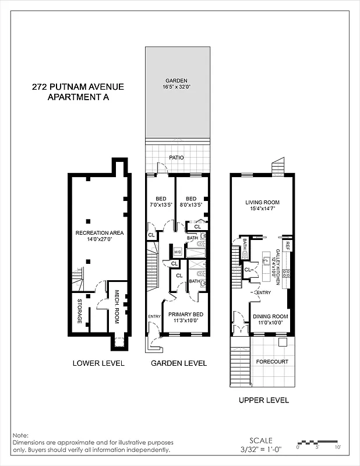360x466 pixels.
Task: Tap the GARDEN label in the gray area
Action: (175, 82)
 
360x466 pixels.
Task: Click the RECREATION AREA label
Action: (98, 233)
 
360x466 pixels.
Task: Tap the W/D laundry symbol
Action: (178, 252)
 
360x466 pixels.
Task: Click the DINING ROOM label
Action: (270, 317)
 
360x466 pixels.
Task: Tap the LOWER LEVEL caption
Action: (98, 363)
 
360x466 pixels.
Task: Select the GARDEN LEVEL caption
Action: (179, 363)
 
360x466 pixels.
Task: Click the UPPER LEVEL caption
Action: (264, 400)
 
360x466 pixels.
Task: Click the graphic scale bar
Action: (317, 441)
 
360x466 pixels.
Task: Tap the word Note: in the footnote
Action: (20, 435)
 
